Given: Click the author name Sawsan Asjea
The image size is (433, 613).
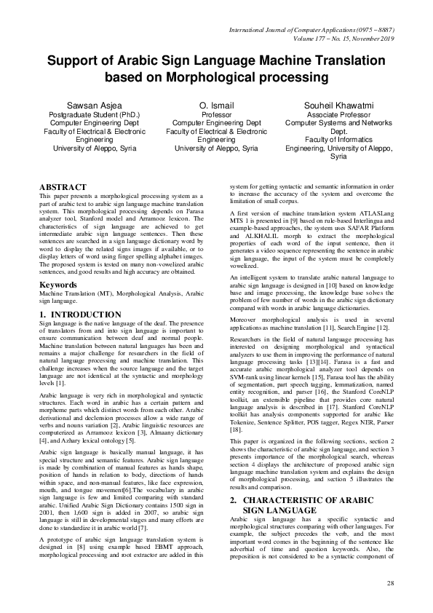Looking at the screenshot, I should tap(94, 106).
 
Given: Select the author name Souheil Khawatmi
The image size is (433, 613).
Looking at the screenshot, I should tap(338, 106).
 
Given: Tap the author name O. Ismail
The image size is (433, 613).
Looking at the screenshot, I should tap(216, 106).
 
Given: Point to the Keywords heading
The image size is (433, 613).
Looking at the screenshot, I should tap(58, 285).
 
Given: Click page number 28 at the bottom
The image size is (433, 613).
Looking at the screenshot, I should tap(390, 584).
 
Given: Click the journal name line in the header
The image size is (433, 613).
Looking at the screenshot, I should tap(317, 30).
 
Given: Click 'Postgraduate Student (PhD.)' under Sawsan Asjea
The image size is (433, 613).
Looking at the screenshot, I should tap(94, 115).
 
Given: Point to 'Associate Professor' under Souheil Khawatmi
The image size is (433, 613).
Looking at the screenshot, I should tap(338, 115).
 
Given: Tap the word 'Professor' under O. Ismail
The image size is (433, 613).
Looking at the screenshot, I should tap(216, 115).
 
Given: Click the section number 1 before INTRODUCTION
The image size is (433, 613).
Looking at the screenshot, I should tap(42, 314).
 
